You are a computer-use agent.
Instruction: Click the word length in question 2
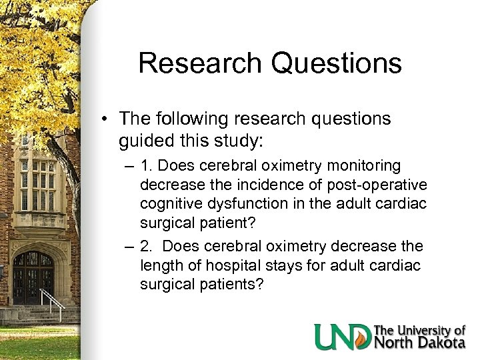(x=159, y=266)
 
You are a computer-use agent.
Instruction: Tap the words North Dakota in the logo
(x=419, y=343)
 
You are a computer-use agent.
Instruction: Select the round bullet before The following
(x=107, y=120)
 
